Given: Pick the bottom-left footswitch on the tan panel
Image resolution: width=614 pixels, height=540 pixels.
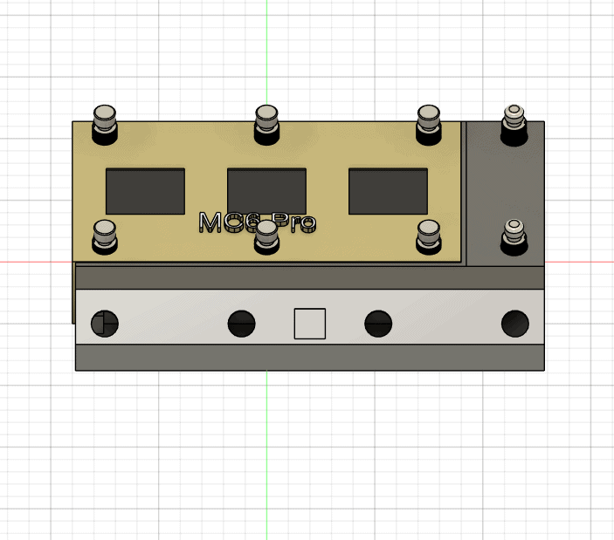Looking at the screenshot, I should [x=105, y=236].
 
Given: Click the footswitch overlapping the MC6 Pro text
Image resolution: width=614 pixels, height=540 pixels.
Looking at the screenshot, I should [x=266, y=236].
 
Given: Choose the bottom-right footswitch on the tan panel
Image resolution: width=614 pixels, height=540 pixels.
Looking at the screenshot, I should [x=428, y=236].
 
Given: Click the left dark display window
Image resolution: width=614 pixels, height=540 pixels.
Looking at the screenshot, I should [x=145, y=191].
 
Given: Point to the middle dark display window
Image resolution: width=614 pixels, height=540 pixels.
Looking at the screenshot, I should [x=266, y=191].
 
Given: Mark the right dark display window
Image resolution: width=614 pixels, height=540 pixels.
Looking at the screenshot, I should [x=388, y=191].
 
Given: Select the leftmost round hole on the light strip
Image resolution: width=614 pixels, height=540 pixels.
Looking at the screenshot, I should [x=104, y=324].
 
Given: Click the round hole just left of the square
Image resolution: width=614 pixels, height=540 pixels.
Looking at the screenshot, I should [x=242, y=324].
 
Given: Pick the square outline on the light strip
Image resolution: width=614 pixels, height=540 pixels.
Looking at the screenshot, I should [x=309, y=324].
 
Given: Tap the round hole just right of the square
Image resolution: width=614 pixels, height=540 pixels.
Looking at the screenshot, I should [x=377, y=324].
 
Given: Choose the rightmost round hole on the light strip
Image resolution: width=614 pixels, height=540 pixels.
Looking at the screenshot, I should [x=515, y=324].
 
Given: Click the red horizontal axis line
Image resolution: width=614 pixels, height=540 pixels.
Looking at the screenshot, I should [x=35, y=261].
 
